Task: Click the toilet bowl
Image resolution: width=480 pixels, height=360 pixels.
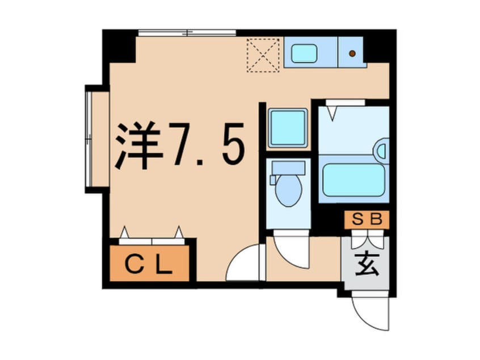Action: [x=287, y=191]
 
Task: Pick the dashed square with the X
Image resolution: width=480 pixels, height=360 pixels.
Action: [x=263, y=55]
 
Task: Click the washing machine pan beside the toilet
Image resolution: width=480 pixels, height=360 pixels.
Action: [x=287, y=127]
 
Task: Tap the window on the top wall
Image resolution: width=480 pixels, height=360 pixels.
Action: [x=187, y=32]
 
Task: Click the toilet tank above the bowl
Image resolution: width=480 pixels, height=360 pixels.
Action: [x=288, y=167]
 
